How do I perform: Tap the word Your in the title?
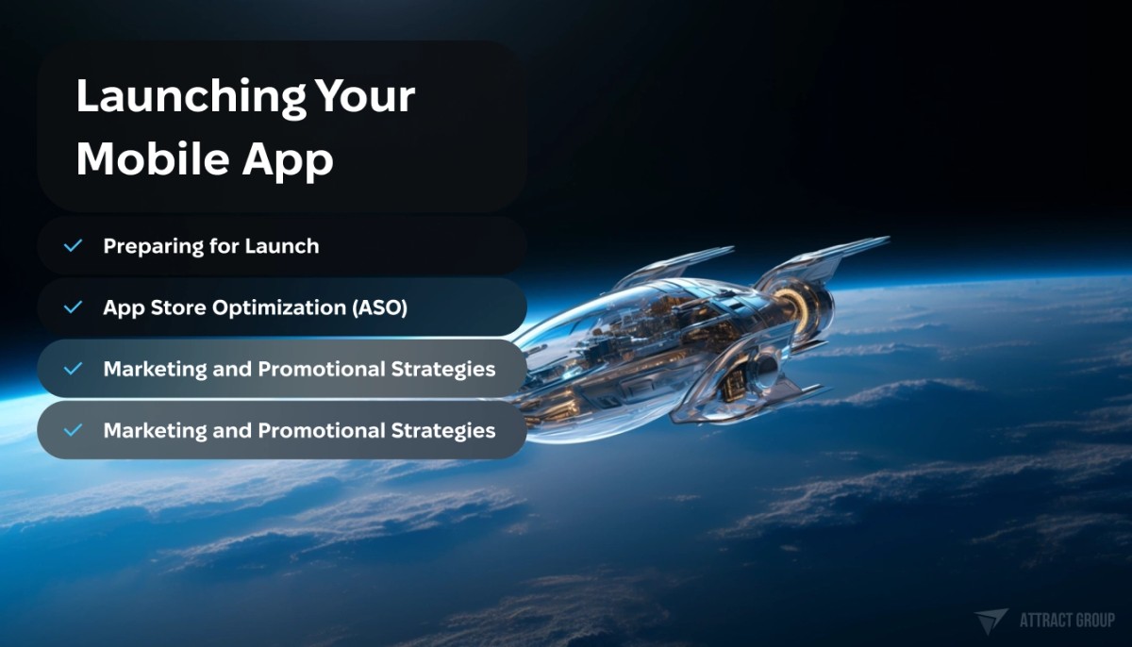pos(365,96)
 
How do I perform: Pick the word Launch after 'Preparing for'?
pos(281,246)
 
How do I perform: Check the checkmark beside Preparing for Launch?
pos(73,246)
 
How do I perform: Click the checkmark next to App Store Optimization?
pos(73,307)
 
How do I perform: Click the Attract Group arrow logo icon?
pos(991,621)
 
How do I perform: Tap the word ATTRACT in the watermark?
pos(1049,621)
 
